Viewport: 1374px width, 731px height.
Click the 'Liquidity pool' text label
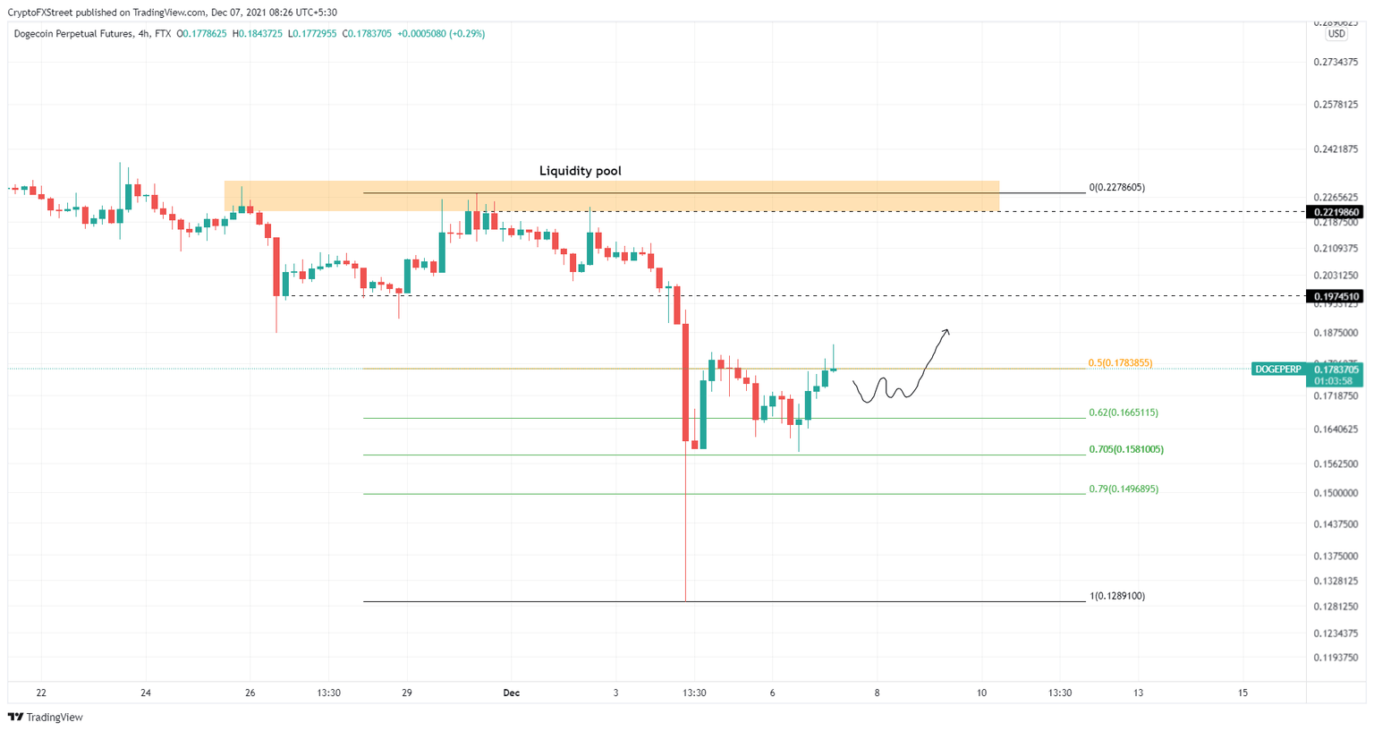(580, 171)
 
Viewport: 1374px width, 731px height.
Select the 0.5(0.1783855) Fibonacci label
(1120, 363)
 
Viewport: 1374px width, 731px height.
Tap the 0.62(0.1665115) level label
(1123, 412)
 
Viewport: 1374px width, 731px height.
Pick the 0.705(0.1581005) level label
(1125, 449)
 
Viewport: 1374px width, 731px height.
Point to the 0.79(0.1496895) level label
(1123, 489)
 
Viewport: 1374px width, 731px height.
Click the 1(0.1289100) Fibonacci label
(1116, 596)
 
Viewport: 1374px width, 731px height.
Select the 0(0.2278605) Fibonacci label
(1116, 188)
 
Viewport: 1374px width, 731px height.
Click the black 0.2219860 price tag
(1335, 212)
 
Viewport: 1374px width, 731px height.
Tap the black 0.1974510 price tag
(1335, 296)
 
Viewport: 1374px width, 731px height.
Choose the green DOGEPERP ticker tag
(1277, 370)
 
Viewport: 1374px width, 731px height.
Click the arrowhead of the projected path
(946, 332)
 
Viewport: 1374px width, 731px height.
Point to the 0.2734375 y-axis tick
(1336, 62)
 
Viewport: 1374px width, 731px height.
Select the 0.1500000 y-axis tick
(1336, 493)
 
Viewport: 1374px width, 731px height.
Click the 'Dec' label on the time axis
(511, 693)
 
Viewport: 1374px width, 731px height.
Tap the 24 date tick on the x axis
(146, 693)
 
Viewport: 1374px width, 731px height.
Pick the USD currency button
(1336, 34)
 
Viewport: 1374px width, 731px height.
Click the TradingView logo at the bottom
(46, 717)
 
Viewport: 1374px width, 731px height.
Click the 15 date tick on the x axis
(1243, 693)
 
